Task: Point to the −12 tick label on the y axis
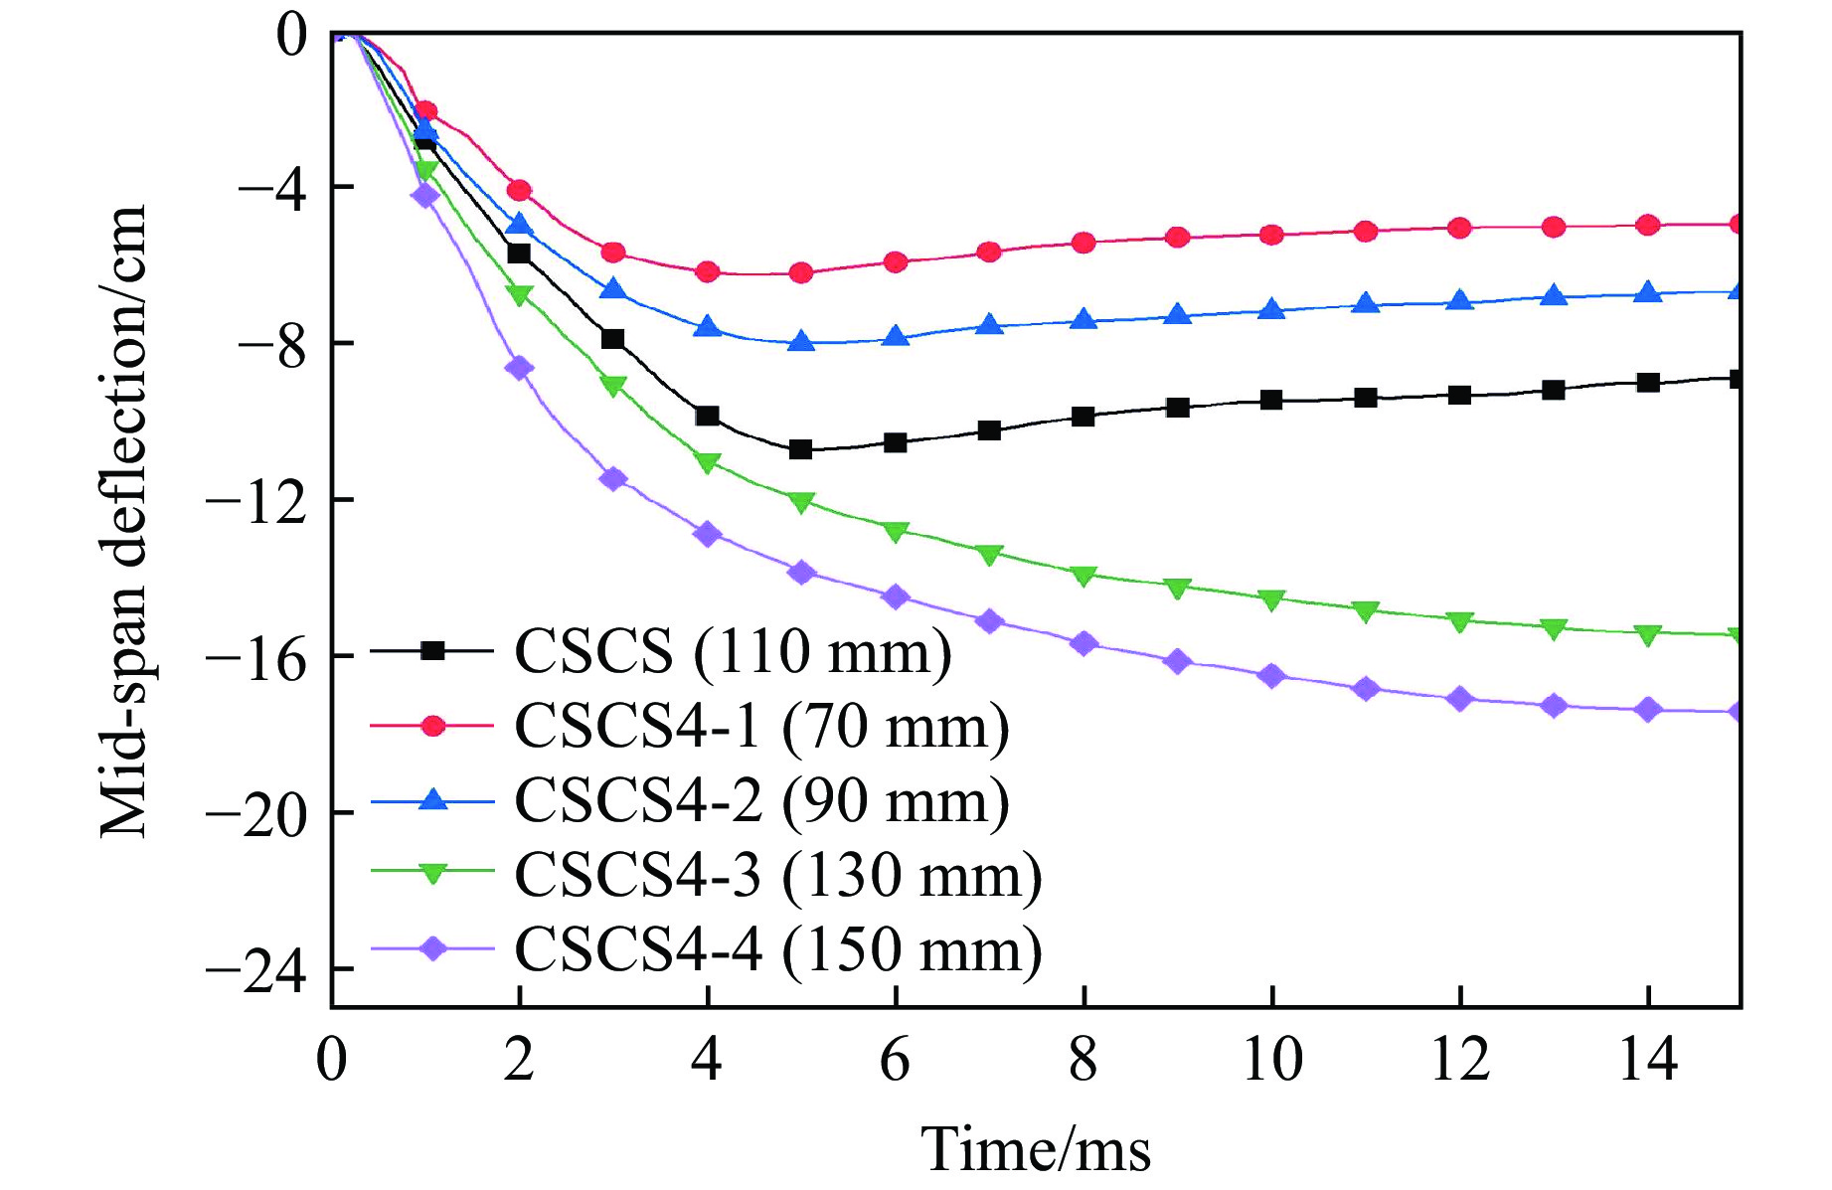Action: (x=255, y=500)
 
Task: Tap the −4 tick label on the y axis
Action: (x=270, y=187)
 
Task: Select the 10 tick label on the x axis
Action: (x=1272, y=1060)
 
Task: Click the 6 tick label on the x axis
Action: (x=896, y=1060)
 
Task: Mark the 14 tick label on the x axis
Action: (x=1648, y=1060)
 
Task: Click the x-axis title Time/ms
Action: (x=1036, y=1150)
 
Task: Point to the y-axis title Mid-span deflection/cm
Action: (x=124, y=521)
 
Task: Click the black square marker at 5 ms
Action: (x=801, y=449)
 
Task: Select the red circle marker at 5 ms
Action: (x=801, y=272)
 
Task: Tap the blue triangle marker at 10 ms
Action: (x=1272, y=309)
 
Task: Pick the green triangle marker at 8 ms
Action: (x=1083, y=576)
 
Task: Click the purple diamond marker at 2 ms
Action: (x=519, y=368)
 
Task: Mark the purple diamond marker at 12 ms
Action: (x=1460, y=699)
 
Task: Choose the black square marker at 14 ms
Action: (x=1648, y=383)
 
